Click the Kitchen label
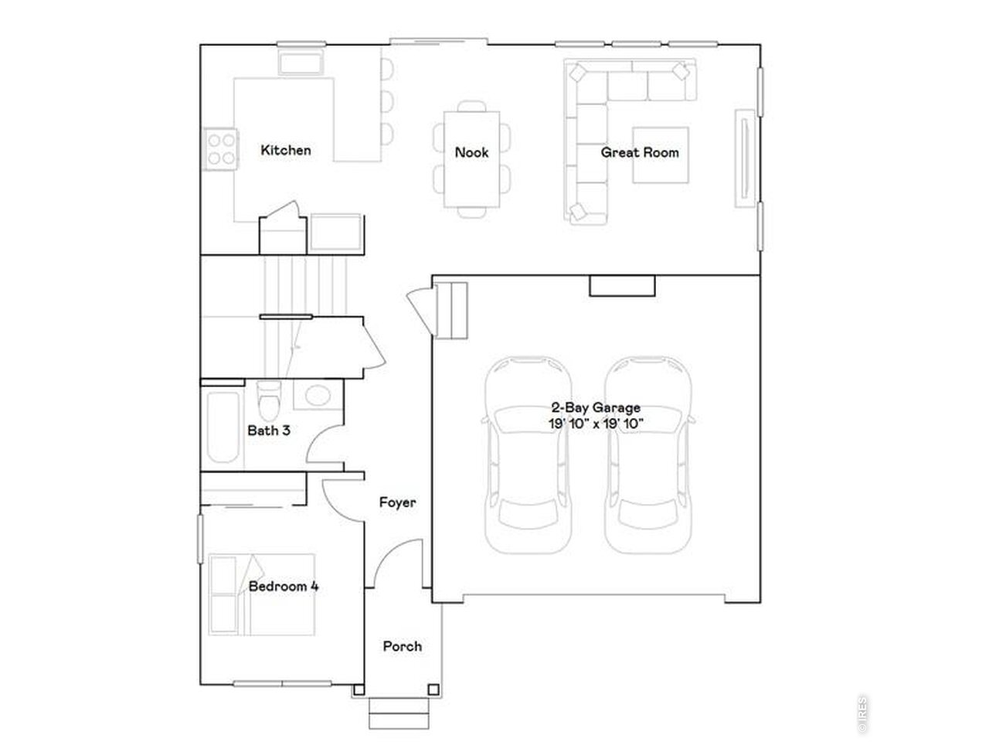[286, 150]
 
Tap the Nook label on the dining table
[471, 152]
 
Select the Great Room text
[639, 152]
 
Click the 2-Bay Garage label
[596, 407]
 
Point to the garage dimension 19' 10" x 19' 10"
[596, 424]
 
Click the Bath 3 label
[269, 431]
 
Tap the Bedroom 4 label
[284, 586]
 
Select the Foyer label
[397, 502]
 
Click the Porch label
[403, 646]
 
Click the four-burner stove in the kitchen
[221, 149]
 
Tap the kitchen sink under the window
[301, 62]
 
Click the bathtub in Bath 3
[223, 427]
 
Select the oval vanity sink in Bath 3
[318, 396]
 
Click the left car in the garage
[528, 455]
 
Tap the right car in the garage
[648, 455]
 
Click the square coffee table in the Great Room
[660, 155]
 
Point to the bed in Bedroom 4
[261, 594]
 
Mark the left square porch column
[359, 689]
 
